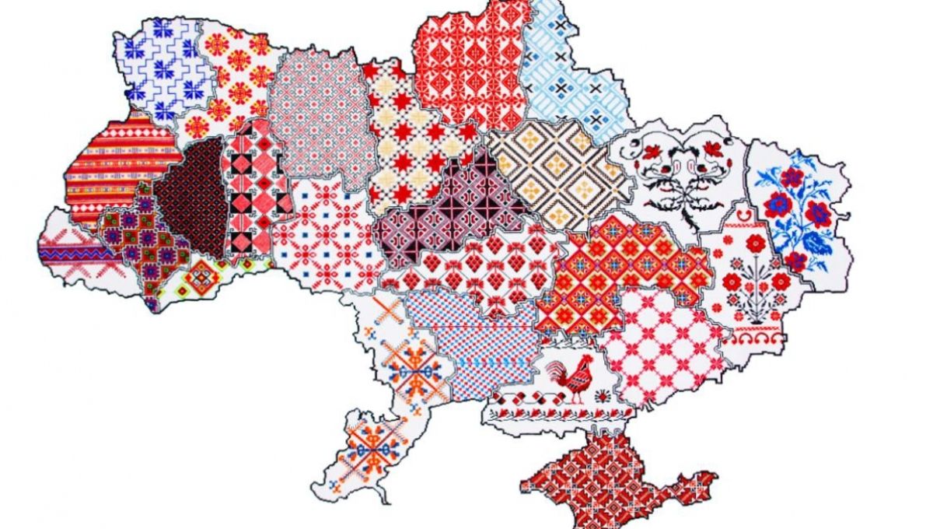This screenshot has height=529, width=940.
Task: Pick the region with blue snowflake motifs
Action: coord(163,66)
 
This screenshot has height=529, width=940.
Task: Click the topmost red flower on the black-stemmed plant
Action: coord(755,243)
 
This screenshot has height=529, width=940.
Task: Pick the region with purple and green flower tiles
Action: coord(144,241)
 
